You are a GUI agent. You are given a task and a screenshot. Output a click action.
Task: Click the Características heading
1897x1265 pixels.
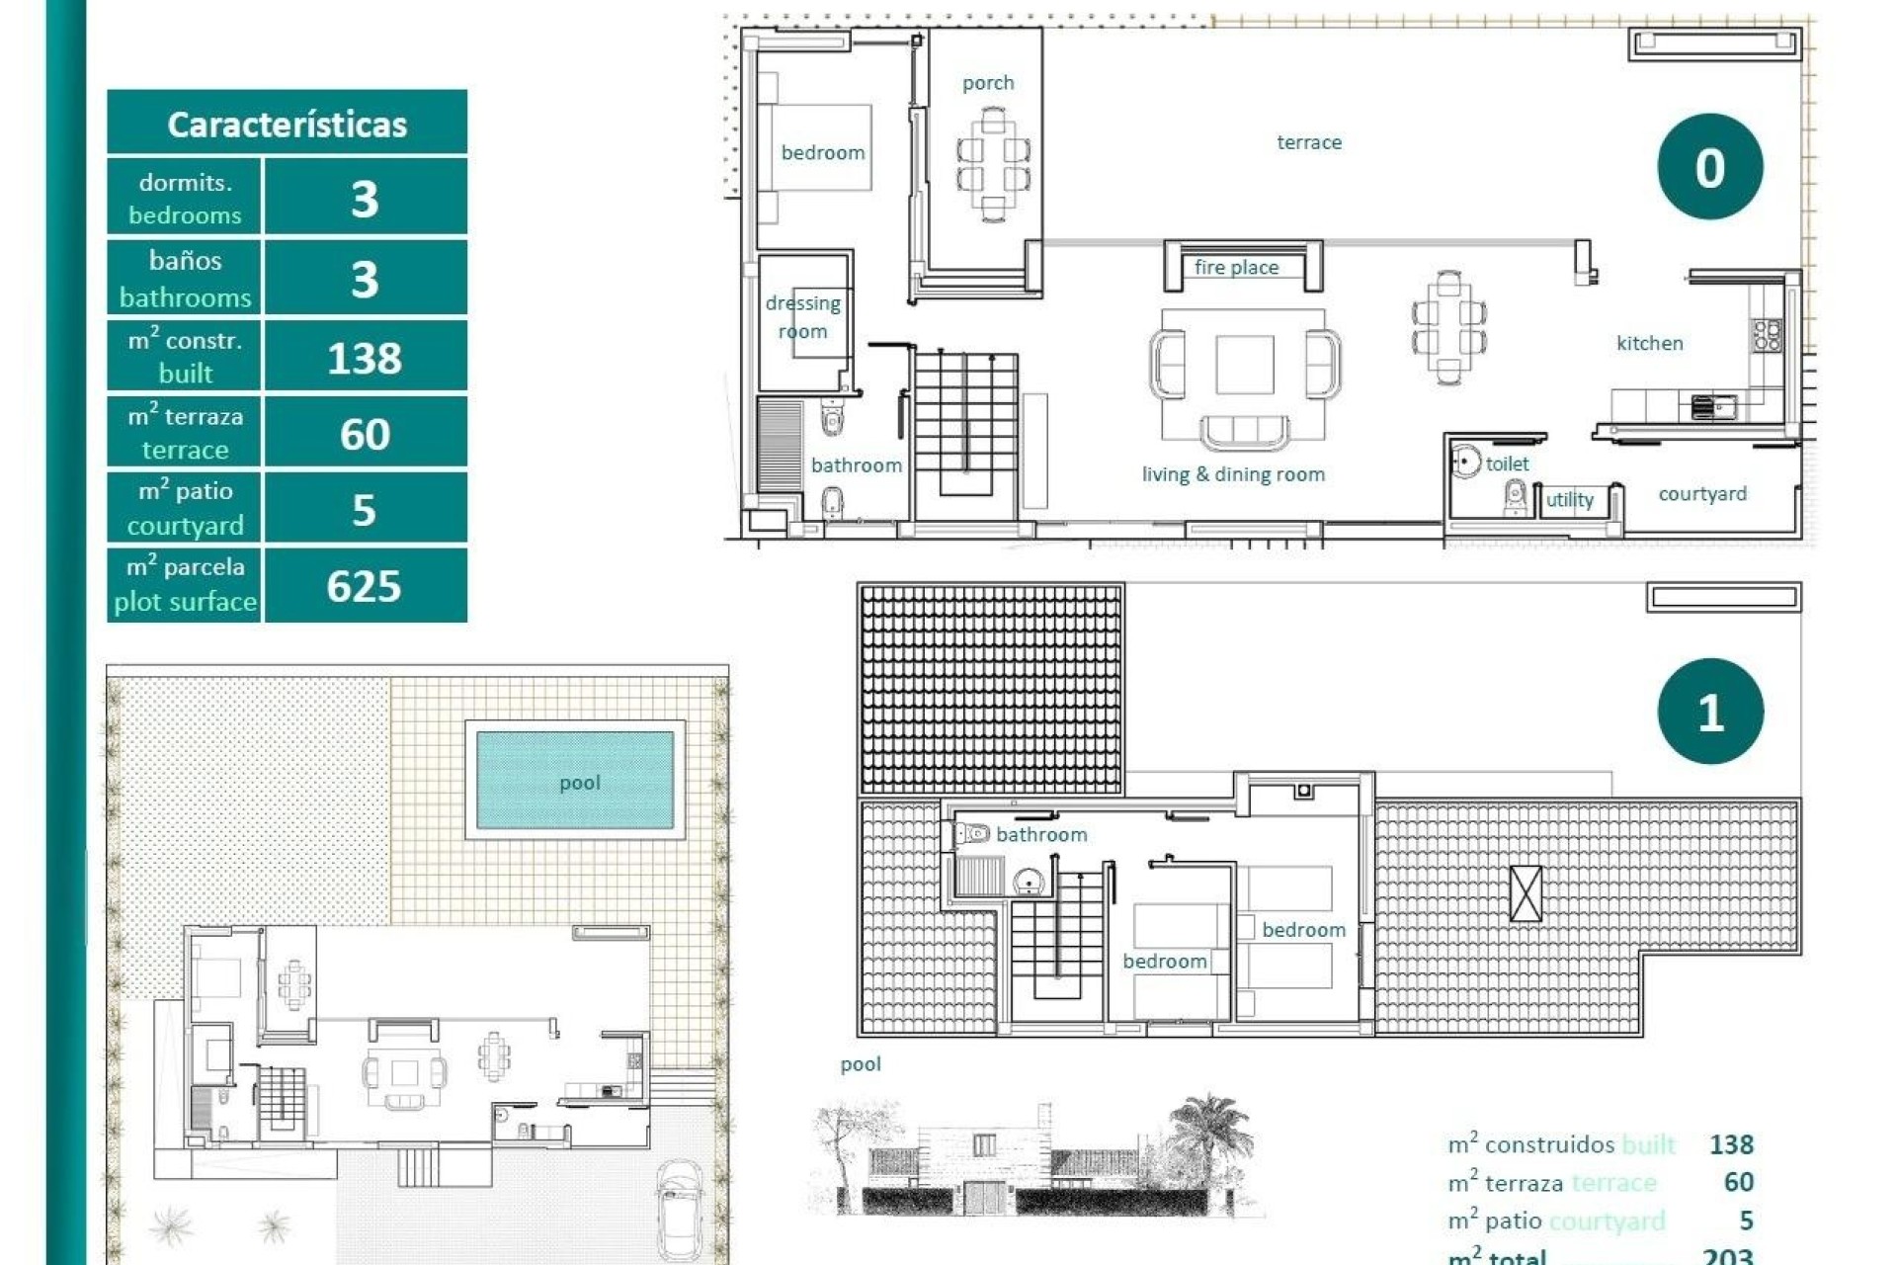click(287, 125)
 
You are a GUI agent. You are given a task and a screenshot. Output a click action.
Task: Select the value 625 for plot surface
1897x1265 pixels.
click(364, 586)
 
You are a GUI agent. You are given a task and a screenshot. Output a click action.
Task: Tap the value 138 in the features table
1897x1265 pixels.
click(364, 358)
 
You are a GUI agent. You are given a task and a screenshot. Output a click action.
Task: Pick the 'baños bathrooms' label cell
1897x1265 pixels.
click(185, 279)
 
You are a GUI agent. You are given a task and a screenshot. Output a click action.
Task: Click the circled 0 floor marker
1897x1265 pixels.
click(1709, 167)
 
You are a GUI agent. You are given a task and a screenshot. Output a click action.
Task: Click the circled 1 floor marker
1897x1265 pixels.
click(1709, 712)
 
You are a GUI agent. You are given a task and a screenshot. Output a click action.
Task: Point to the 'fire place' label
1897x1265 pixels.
click(1236, 267)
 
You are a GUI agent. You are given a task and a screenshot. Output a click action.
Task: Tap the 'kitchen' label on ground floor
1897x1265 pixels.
click(1649, 343)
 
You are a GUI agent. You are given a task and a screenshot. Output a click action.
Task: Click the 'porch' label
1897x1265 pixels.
click(988, 83)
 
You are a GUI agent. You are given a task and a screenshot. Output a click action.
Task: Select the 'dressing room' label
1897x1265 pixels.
click(802, 317)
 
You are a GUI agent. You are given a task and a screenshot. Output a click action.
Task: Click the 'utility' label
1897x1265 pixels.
click(1569, 500)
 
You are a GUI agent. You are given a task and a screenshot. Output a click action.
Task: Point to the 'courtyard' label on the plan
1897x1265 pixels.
click(1701, 493)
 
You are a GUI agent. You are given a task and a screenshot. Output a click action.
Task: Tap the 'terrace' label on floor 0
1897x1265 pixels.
click(1309, 142)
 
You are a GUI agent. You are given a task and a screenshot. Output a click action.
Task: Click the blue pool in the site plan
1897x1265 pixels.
click(575, 781)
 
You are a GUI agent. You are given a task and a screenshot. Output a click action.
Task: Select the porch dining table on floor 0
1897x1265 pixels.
click(993, 163)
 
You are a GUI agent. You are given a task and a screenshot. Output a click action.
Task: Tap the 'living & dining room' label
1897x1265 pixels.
click(1233, 474)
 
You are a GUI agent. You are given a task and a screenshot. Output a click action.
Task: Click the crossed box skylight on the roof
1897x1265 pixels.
click(1526, 893)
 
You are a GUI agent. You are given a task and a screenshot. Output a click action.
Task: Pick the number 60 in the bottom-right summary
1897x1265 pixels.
click(1737, 1182)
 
